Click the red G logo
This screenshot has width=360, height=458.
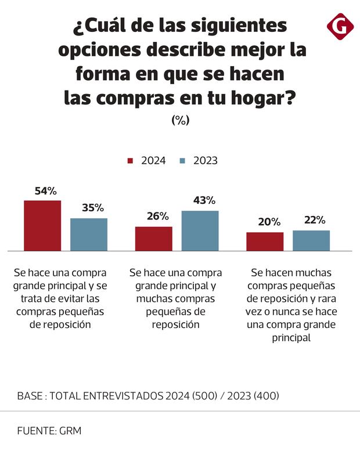coord(341,26)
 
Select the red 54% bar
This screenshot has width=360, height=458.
coord(42,225)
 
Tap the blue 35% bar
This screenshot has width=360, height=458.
coord(89,235)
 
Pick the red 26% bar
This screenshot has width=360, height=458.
coord(154,239)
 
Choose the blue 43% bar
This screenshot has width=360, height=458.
coord(200,230)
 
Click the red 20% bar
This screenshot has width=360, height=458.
coord(265,241)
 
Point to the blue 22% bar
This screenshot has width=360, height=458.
coord(311,240)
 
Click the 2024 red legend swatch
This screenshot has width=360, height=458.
coord(131,161)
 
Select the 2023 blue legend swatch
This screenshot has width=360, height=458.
coord(183,161)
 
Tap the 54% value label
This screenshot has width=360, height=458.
coord(45,191)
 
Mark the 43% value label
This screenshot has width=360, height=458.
coord(204,200)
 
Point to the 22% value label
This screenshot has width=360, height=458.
coord(314,221)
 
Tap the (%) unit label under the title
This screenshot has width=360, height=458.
coord(180,120)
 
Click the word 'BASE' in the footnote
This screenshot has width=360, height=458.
coord(30,396)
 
